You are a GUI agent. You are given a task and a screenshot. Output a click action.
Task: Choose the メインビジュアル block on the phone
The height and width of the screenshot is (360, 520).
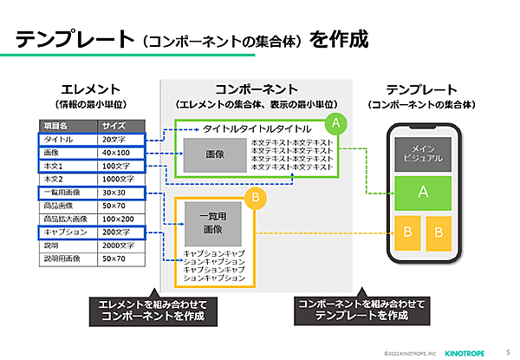(423, 153)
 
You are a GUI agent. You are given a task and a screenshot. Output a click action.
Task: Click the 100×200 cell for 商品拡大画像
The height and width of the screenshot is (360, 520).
(120, 219)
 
